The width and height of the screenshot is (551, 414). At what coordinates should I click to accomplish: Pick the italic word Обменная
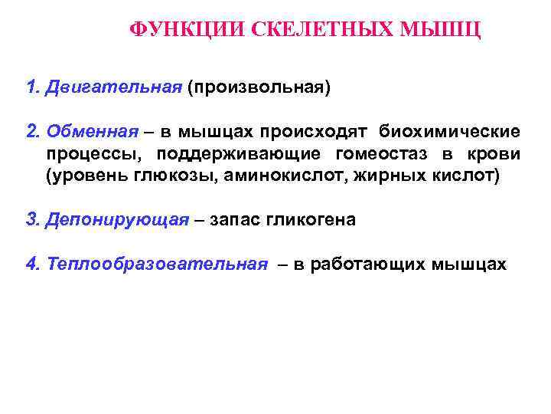(93, 131)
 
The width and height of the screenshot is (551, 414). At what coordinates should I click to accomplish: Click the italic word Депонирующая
(116, 221)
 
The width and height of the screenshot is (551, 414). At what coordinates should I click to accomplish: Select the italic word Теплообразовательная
(157, 264)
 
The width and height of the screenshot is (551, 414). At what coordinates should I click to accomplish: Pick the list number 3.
(31, 221)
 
